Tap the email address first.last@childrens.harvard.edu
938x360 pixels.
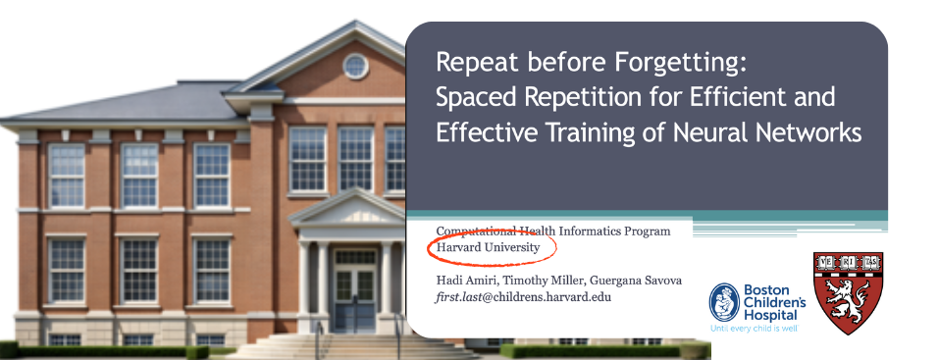pos(523,296)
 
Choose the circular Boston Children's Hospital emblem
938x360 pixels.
pos(724,302)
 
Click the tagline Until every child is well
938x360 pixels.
pos(754,329)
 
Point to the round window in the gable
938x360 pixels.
pos(355,66)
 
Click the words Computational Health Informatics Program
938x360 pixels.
pos(553,231)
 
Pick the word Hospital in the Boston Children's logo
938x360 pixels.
pos(771,315)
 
